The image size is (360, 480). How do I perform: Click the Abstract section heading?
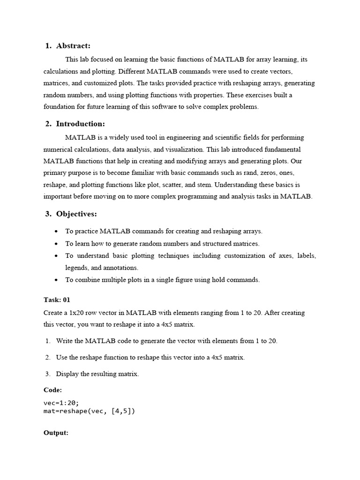73,45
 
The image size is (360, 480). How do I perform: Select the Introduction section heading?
80,124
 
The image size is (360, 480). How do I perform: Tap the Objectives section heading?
76,214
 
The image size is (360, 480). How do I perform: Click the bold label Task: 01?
57,300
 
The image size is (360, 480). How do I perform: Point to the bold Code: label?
52,390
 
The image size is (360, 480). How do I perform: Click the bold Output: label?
56,433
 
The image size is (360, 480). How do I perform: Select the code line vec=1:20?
61,403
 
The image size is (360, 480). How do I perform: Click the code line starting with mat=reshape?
89,411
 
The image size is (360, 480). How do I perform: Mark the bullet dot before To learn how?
56,244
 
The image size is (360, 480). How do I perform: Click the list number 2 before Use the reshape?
48,358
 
